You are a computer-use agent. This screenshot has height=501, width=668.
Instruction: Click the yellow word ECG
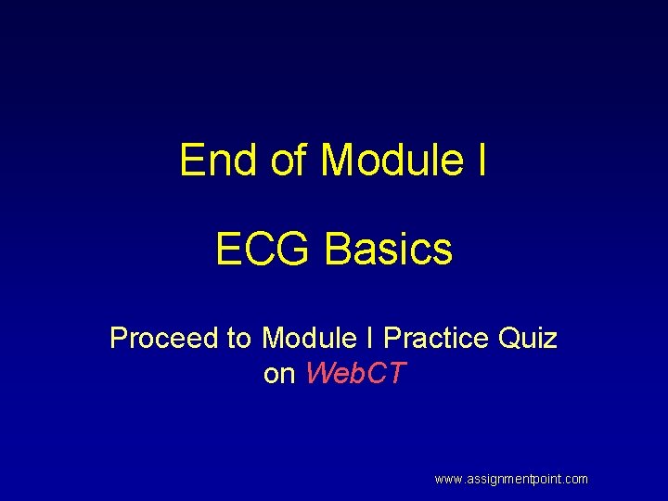263,249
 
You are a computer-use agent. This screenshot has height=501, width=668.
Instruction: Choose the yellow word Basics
389,249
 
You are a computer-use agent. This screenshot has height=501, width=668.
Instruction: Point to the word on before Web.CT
279,374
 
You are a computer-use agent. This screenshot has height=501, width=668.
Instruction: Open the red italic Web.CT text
355,374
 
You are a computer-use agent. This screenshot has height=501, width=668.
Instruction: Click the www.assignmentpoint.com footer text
511,480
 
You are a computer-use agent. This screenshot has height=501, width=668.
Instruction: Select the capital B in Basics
337,249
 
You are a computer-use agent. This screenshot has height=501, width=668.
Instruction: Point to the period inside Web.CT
363,382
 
